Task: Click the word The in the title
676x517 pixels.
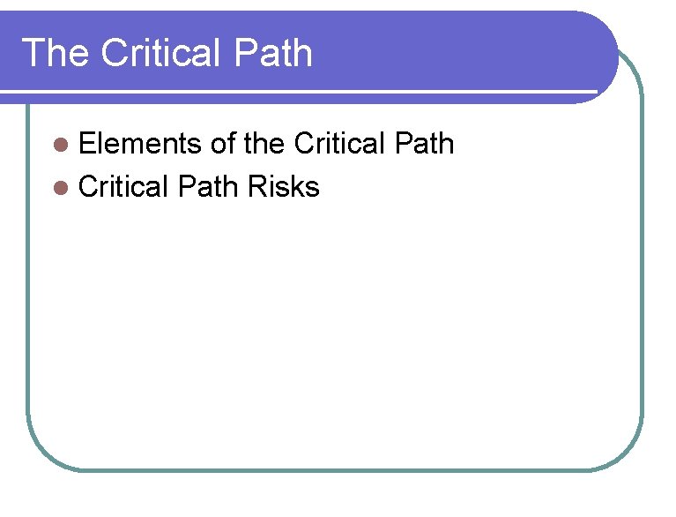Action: (54, 54)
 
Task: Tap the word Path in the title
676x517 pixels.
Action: (274, 54)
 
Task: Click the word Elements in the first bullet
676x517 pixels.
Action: (140, 144)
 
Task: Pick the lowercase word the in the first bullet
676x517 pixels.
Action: (265, 144)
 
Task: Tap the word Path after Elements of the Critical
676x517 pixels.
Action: (425, 144)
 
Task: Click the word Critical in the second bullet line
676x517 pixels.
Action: (123, 187)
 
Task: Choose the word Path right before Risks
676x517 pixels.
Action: (209, 187)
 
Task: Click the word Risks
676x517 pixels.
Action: (284, 187)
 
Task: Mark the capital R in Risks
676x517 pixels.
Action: (257, 187)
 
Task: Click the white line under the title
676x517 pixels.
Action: (300, 91)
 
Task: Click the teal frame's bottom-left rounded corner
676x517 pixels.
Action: (44, 452)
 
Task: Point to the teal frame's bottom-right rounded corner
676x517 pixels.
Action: (626, 452)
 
